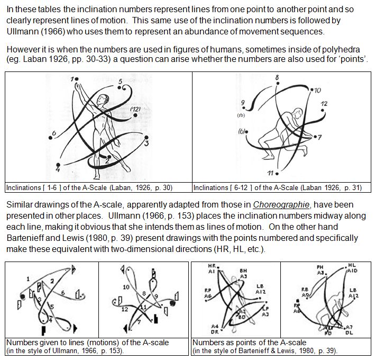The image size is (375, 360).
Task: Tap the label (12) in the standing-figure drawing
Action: [134, 109]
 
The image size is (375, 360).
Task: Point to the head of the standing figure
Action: [106, 98]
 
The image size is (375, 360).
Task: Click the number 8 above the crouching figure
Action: [277, 78]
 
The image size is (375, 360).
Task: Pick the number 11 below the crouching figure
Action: [270, 173]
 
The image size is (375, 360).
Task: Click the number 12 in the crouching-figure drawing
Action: [324, 103]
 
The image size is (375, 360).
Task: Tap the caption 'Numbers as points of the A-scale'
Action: [249, 343]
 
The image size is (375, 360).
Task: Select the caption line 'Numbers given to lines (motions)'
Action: [87, 343]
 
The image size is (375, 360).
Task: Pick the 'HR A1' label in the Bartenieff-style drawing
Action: [211, 268]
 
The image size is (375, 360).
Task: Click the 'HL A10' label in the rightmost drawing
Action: [352, 267]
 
